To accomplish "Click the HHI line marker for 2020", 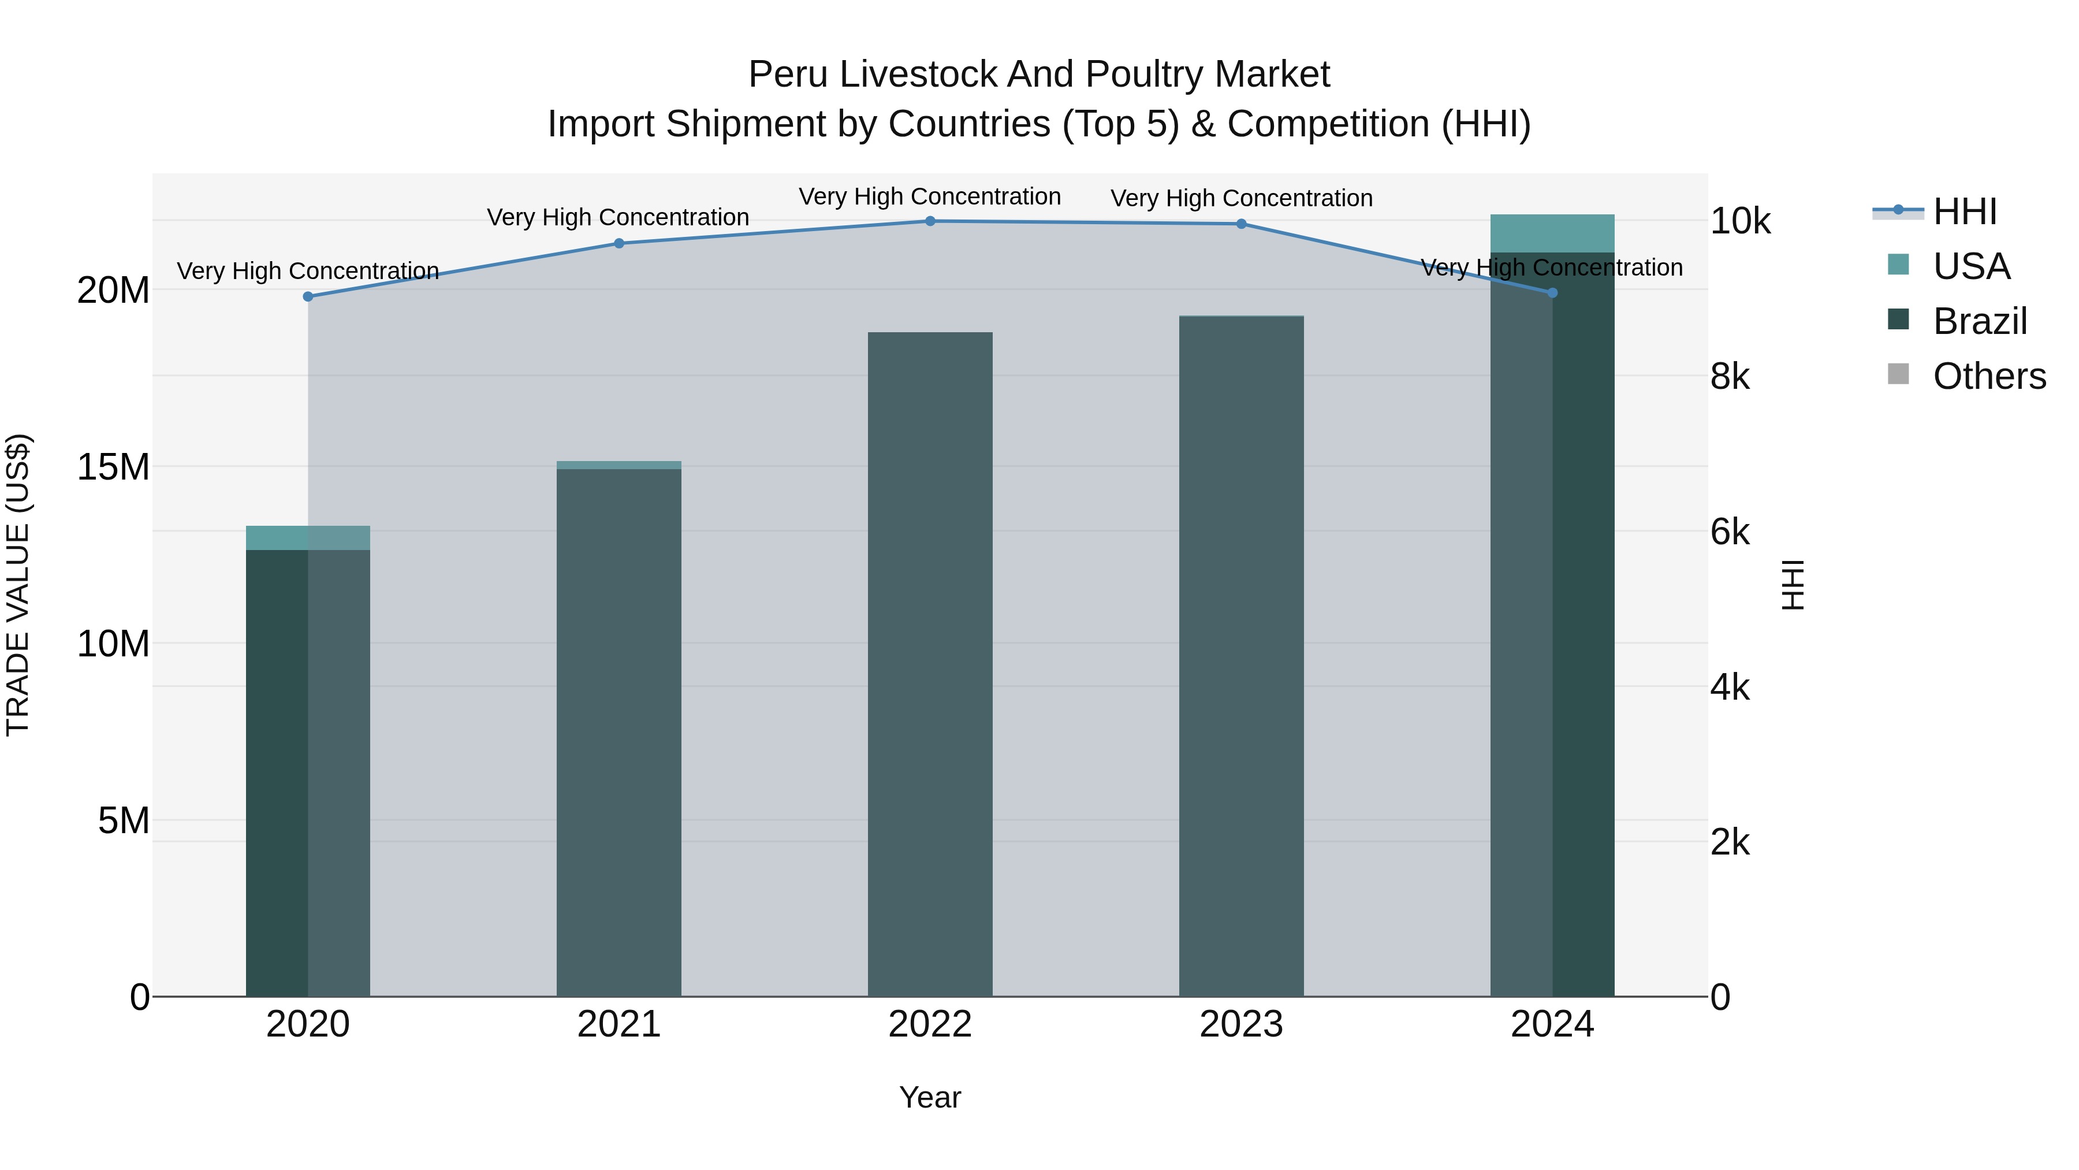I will (307, 296).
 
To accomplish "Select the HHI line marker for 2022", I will (930, 221).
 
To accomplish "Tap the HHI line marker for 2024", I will (1552, 292).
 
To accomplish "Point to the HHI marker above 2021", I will (619, 243).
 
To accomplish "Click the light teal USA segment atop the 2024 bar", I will (1552, 233).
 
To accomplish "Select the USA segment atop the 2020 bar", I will (307, 538).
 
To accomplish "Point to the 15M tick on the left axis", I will (113, 467).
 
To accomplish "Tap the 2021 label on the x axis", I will (619, 1024).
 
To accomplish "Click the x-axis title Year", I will (930, 1097).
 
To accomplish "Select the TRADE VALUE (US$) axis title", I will (18, 585).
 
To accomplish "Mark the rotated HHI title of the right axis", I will (1791, 585).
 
